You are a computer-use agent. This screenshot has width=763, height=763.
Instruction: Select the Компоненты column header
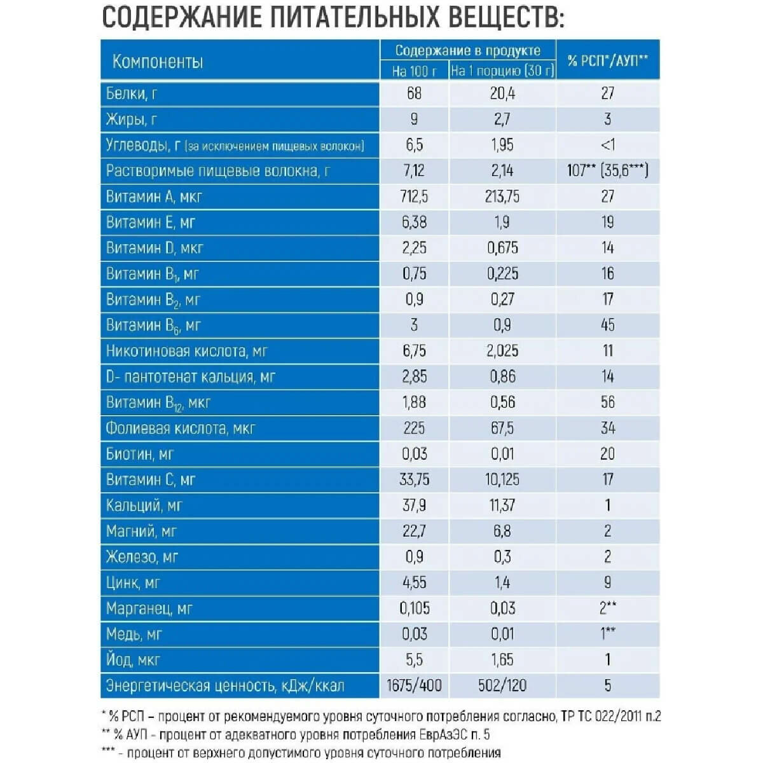click(158, 62)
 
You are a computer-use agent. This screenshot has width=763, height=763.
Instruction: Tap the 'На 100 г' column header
click(415, 71)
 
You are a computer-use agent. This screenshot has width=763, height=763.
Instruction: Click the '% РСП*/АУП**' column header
click(608, 60)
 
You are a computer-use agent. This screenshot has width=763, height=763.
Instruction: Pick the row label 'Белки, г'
click(132, 93)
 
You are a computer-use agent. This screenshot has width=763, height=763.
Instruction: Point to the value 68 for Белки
click(414, 93)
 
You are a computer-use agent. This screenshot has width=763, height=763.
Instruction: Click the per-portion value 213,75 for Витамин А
click(502, 196)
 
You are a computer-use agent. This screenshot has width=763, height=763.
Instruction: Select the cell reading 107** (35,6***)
click(608, 171)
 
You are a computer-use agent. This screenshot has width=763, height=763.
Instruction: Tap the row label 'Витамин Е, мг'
click(151, 223)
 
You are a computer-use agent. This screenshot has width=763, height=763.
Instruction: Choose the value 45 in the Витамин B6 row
click(608, 325)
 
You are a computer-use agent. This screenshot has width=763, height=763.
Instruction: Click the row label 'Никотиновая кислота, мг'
click(186, 351)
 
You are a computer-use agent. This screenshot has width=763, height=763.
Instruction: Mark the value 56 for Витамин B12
click(608, 402)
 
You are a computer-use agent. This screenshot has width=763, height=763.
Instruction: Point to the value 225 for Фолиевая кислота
click(414, 428)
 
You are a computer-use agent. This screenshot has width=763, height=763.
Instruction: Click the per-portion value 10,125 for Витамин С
click(502, 479)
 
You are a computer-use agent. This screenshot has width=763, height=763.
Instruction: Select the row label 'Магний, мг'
click(141, 531)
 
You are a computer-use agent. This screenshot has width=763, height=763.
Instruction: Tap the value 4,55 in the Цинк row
click(414, 582)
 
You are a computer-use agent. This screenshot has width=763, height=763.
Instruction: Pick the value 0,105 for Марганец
click(414, 608)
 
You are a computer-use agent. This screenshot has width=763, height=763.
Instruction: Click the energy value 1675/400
click(414, 685)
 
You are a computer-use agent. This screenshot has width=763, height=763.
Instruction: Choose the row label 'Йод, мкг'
click(133, 660)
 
